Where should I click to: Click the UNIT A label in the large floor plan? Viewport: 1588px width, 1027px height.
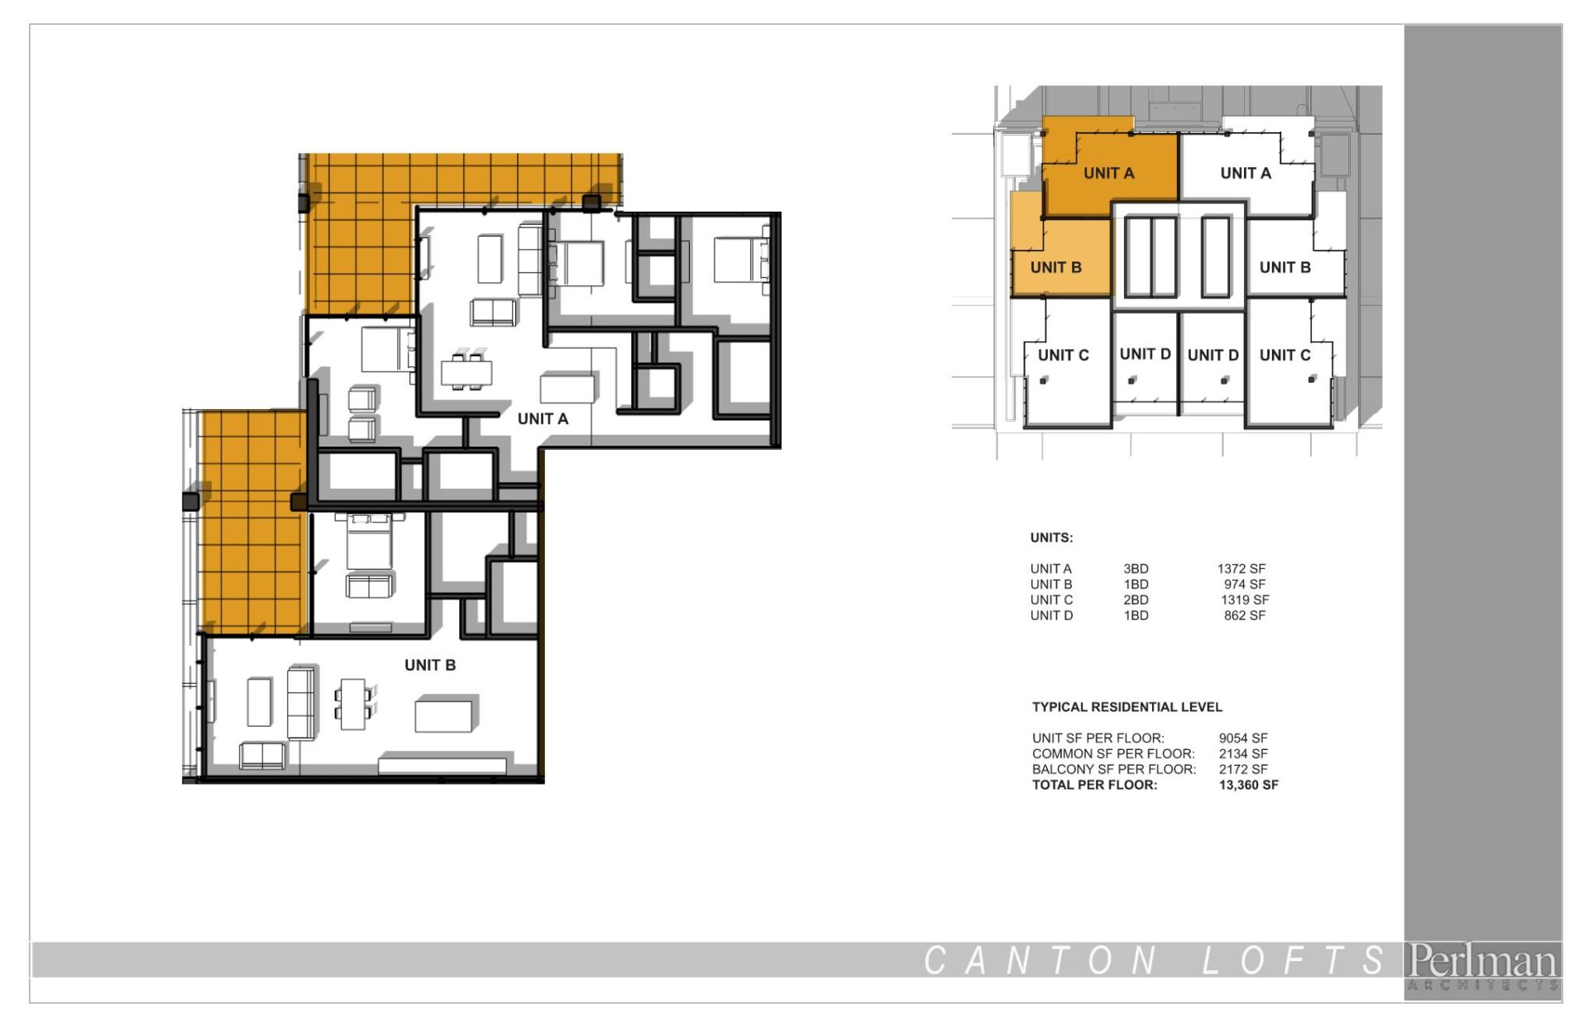pos(543,418)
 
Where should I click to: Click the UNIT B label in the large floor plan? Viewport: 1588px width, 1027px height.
pos(430,665)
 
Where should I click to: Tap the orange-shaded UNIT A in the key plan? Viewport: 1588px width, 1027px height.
pos(1109,173)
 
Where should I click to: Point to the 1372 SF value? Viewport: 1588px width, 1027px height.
pos(1241,569)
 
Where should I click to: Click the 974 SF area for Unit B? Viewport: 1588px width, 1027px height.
pos(1245,585)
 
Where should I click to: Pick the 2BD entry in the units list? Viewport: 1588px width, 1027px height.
pos(1136,600)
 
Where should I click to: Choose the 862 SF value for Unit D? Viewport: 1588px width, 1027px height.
pos(1245,616)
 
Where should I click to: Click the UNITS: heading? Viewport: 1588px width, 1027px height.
pos(1051,537)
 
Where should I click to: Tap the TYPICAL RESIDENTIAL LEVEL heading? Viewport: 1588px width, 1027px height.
pos(1126,707)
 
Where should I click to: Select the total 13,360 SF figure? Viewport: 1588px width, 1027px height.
pos(1248,785)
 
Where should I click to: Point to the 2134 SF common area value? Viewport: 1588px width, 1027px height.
pos(1243,754)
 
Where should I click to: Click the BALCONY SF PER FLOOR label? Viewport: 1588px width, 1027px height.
pos(1114,770)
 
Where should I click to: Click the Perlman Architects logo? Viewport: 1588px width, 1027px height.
pos(1483,966)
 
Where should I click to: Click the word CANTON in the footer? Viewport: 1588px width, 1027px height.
pos(1040,961)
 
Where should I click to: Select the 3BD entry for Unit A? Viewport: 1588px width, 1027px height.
pos(1136,569)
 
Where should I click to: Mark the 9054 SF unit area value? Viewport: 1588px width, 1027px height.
pos(1243,738)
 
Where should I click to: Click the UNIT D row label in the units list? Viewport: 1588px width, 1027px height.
pos(1051,616)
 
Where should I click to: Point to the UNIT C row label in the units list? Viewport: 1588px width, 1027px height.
pos(1051,600)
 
